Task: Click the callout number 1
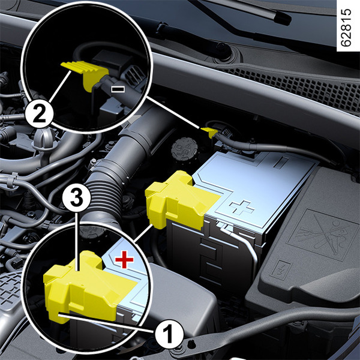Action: [169, 334]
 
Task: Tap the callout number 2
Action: [40, 113]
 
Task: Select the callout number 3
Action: [77, 197]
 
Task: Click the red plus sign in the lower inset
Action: [124, 259]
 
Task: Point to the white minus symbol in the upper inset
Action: [118, 89]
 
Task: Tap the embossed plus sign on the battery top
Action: [242, 208]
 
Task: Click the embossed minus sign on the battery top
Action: [281, 163]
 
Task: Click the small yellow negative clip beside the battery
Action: [209, 132]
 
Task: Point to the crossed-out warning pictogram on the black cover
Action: [324, 235]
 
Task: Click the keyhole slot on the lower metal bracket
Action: [190, 344]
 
